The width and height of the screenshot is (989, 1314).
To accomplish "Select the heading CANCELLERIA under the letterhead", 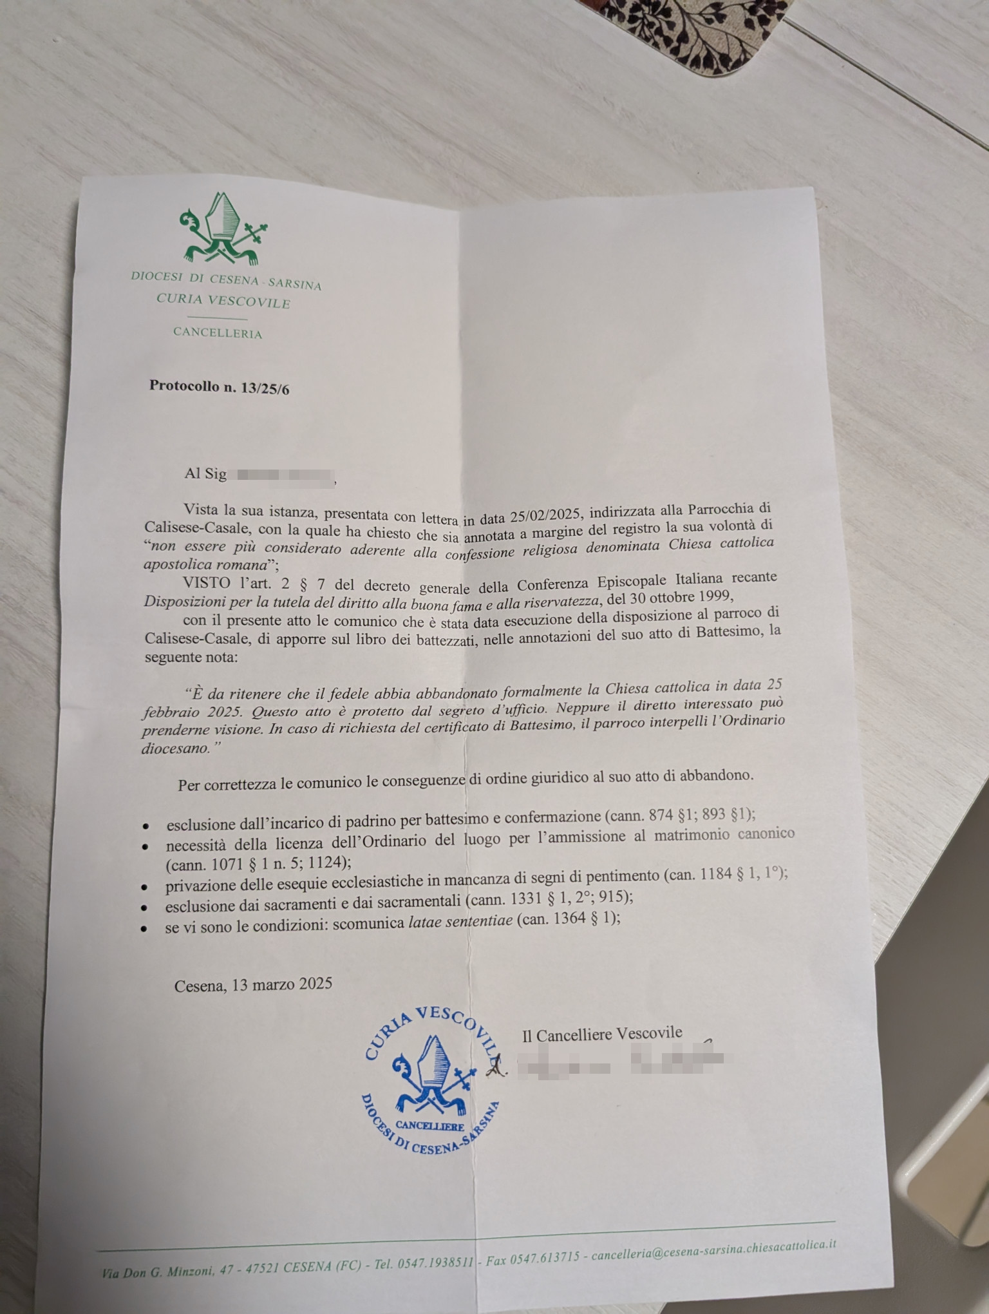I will [218, 333].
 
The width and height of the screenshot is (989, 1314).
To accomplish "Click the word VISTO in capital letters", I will [206, 584].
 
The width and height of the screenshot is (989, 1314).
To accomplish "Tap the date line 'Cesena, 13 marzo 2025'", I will [253, 984].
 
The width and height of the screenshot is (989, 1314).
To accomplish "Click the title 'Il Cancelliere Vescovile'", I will [602, 1034].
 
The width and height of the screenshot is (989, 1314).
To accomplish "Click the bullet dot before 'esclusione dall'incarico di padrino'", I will [147, 826].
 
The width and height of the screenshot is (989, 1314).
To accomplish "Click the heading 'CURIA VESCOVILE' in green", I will [223, 301].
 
